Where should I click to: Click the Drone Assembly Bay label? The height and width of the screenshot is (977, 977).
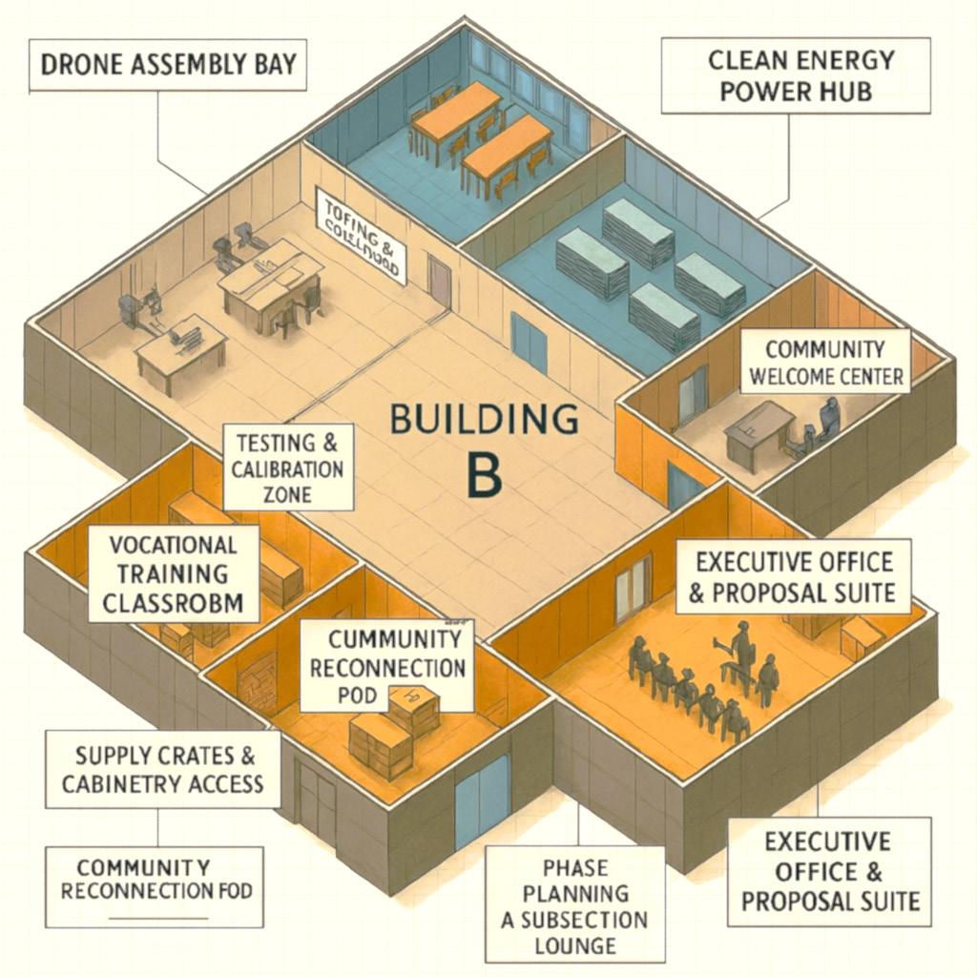167,65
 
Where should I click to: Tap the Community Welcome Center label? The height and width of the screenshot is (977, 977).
825,362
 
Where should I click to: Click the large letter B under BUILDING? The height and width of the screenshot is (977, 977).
485,474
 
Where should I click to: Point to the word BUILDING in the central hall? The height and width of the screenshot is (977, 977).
485,418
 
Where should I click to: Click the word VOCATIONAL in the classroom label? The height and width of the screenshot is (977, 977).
173,546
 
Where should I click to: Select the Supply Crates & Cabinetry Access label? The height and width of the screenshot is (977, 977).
163,769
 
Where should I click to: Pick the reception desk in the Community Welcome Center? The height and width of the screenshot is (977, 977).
759,434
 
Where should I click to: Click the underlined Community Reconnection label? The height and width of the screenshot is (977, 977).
156,879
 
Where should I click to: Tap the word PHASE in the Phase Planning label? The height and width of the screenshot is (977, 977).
574,867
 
